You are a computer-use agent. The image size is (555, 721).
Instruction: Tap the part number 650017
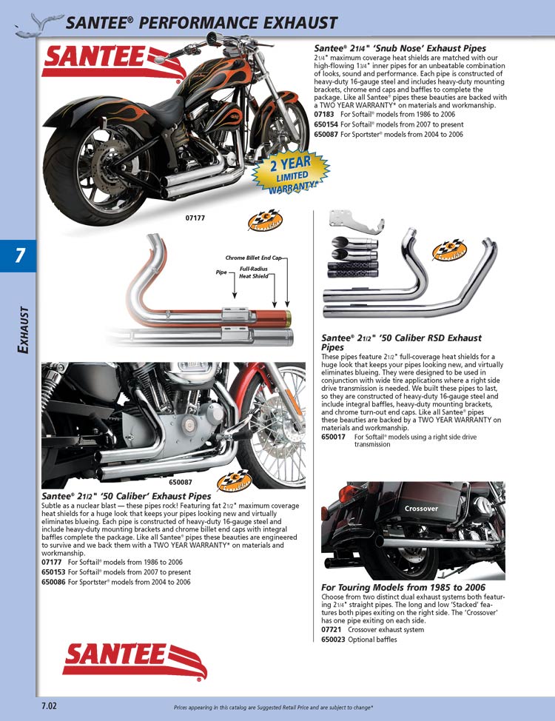[334, 437]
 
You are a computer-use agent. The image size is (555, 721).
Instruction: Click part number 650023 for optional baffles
[334, 640]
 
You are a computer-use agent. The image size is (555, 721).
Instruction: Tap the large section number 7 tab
[18, 256]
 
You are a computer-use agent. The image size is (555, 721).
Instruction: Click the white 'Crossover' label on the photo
[421, 509]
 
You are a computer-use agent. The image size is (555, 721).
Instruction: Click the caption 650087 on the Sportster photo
[181, 482]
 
